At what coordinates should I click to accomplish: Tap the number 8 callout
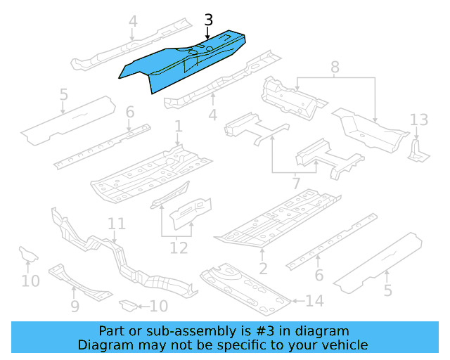pos(335,68)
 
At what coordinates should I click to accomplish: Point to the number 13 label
pos(419,119)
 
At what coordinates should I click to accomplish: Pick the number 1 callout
pos(179,127)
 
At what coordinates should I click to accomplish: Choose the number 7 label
pos(296,184)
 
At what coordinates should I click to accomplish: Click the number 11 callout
pos(117,224)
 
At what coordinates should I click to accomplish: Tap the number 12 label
pos(179,247)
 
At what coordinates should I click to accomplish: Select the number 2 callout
pos(263,268)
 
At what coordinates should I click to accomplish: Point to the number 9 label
pos(75,307)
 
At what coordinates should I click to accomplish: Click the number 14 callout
pos(314,301)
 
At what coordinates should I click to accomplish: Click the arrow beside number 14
pos(297,301)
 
